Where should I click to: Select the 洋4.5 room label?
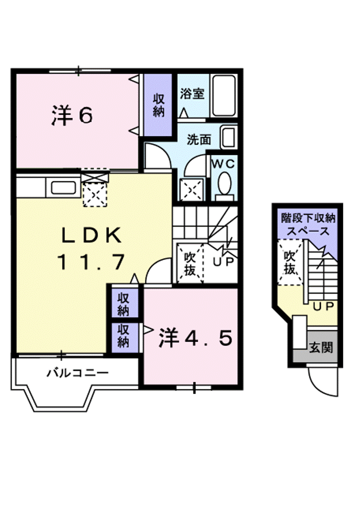195,339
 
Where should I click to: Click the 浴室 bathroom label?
192,94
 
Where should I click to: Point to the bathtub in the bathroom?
223,95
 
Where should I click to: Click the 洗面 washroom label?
198,139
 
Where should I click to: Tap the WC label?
222,163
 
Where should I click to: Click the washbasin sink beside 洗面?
228,136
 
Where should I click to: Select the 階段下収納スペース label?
307,224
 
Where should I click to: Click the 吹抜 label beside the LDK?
189,263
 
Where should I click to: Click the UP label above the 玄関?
323,306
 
